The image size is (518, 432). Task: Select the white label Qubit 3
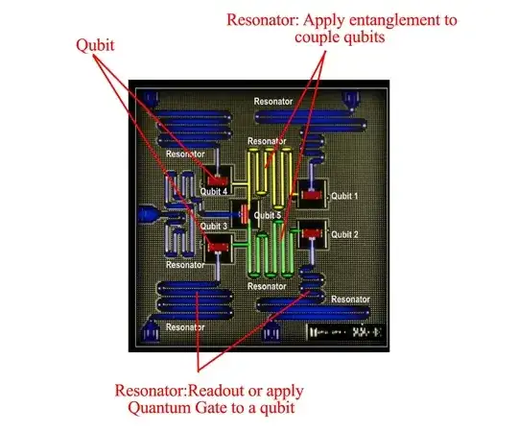point(212,227)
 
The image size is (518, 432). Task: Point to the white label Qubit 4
point(212,191)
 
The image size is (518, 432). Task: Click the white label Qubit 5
point(268,215)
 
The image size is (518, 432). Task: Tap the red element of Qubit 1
point(311,196)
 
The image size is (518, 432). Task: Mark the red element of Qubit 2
point(311,230)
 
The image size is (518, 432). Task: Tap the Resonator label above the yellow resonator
point(266,142)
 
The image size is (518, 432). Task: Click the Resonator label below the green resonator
point(266,286)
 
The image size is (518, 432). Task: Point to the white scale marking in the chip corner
point(344,331)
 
